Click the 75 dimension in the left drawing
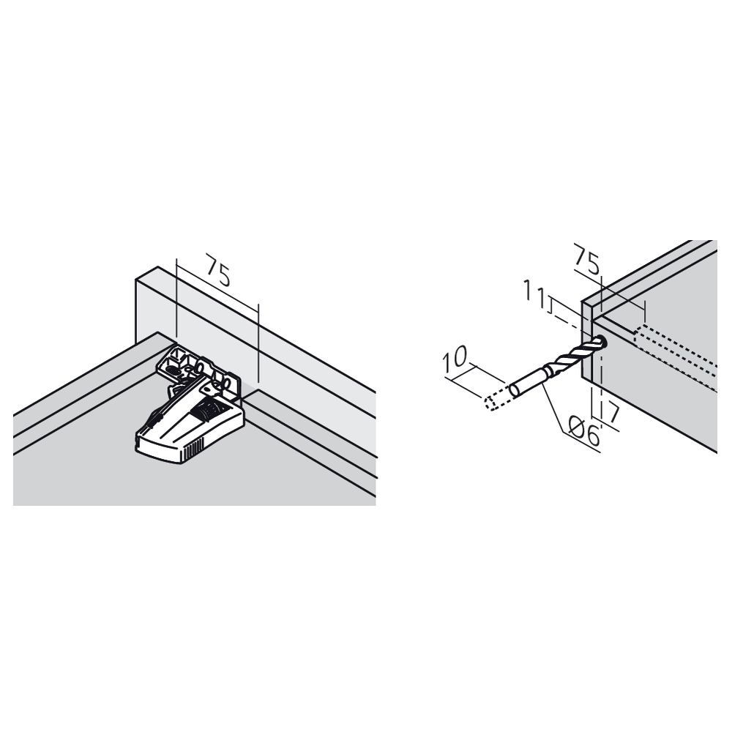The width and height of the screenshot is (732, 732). (x=218, y=271)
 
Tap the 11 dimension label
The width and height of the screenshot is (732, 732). (x=534, y=294)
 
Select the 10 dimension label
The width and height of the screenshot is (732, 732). (x=455, y=357)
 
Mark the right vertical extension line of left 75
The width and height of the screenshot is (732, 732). (x=258, y=343)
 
